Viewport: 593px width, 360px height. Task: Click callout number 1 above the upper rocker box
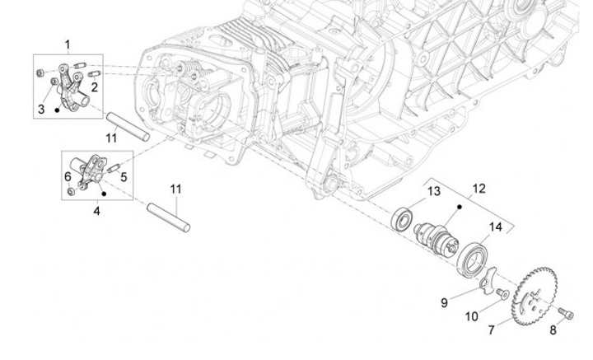click(x=68, y=44)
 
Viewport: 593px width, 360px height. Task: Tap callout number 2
click(x=95, y=86)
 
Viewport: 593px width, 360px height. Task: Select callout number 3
click(x=40, y=109)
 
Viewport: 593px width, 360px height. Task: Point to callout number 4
click(x=96, y=212)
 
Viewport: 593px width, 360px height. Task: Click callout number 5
click(x=122, y=175)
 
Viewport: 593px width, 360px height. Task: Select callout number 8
click(x=553, y=330)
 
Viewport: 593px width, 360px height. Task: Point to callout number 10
click(x=473, y=316)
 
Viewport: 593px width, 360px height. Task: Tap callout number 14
click(x=496, y=227)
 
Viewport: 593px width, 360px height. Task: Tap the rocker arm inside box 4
click(x=92, y=169)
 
